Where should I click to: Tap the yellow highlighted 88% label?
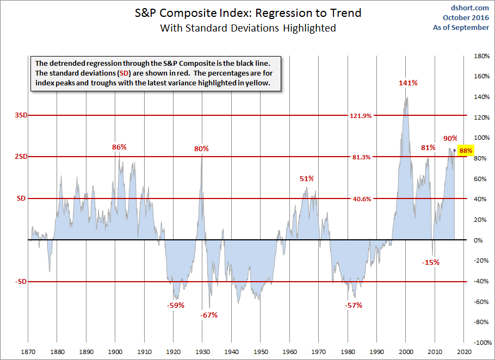pos(466,151)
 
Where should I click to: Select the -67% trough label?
pos(208,315)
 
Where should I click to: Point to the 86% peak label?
pos(119,147)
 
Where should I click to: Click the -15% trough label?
pos(430,262)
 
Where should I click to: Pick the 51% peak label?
pos(307,178)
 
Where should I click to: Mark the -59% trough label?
pos(175,305)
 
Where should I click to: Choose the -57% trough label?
pos(354,305)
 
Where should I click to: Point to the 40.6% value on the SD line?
pos(361,199)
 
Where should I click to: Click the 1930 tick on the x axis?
pos(202,352)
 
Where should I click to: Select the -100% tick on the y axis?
pos(480,343)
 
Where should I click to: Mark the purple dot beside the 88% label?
pos(455,150)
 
